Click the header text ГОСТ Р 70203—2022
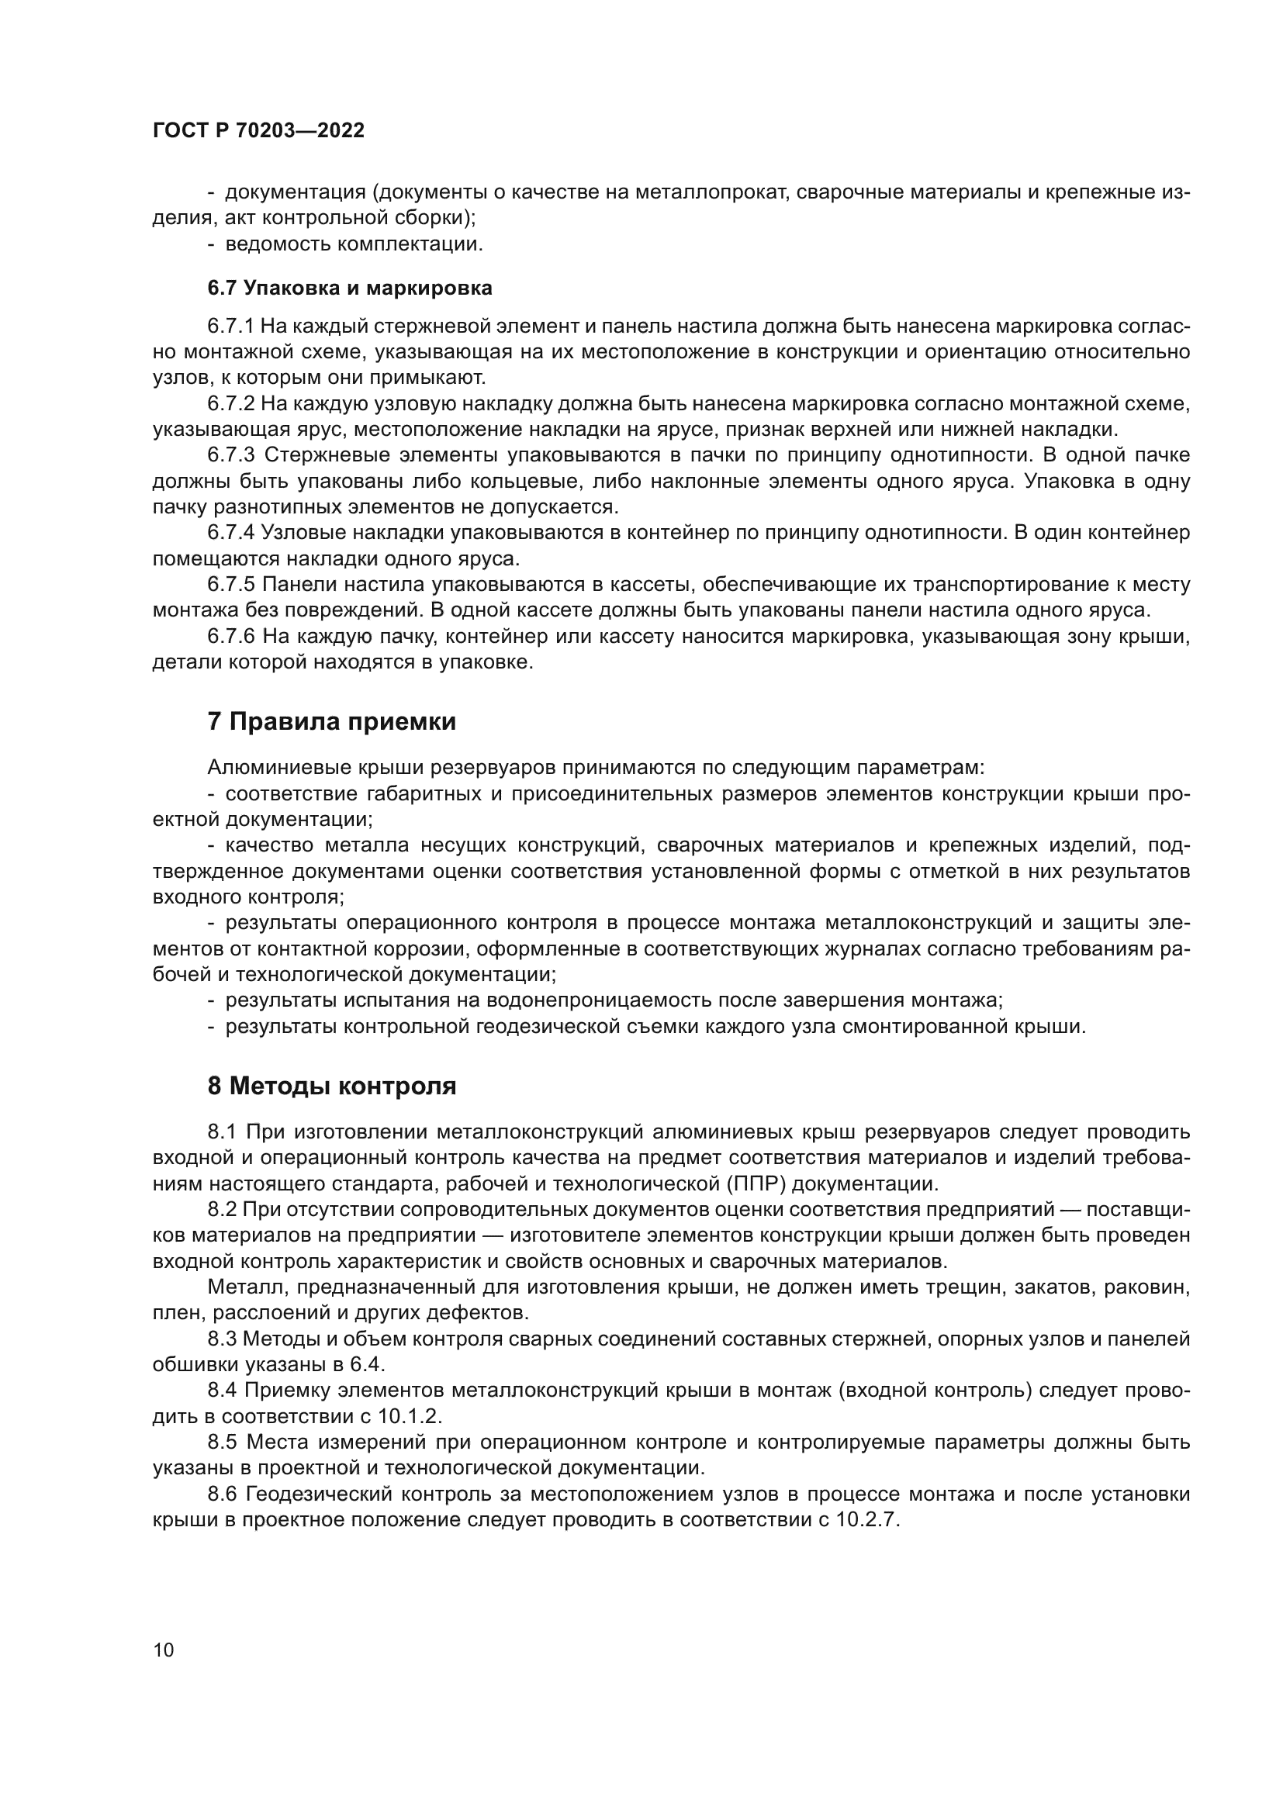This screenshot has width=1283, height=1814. tap(258, 131)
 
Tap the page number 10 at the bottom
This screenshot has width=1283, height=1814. tap(164, 1650)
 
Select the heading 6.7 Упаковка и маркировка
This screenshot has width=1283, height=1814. tap(349, 289)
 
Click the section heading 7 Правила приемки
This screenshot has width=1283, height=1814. tap(331, 721)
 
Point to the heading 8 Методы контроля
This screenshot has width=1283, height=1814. tap(331, 1086)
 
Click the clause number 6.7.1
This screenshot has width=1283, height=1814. tap(230, 327)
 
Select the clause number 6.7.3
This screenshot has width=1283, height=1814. tap(230, 455)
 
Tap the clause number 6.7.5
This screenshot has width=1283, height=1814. tap(230, 585)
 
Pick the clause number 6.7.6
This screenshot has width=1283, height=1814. tap(230, 636)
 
